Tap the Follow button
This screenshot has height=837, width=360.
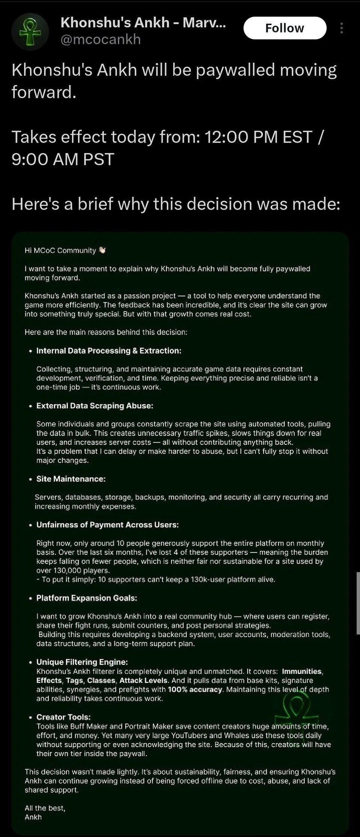click(x=285, y=28)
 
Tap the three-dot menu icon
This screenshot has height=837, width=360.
click(x=341, y=28)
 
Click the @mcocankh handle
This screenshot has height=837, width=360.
click(x=100, y=39)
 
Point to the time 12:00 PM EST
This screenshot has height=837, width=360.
click(x=258, y=137)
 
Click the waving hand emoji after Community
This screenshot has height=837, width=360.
click(x=102, y=250)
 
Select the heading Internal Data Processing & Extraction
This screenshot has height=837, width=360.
click(x=108, y=351)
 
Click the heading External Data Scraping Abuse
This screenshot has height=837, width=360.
click(x=94, y=406)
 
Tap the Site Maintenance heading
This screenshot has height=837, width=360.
click(x=71, y=479)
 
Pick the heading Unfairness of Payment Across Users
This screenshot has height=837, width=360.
click(x=107, y=525)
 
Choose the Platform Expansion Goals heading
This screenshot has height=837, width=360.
click(x=87, y=598)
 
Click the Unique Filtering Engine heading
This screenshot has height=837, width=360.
click(x=82, y=662)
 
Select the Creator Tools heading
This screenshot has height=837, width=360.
click(x=63, y=717)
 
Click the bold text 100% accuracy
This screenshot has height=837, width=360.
click(x=195, y=689)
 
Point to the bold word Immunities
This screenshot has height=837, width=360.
click(x=302, y=671)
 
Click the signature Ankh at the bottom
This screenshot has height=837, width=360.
click(x=33, y=817)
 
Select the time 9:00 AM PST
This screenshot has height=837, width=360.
click(x=63, y=159)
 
